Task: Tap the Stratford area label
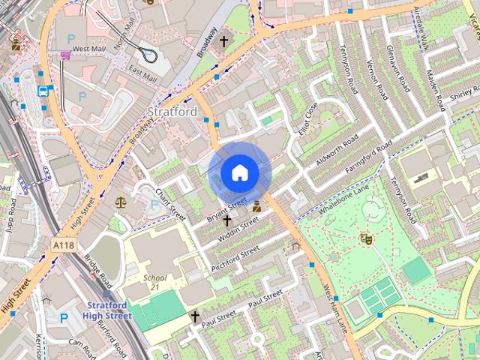(172, 112)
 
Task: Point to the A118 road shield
(64, 244)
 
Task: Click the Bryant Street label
(226, 208)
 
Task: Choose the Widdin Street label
(238, 229)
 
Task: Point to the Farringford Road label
(368, 158)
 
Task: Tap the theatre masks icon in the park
(367, 238)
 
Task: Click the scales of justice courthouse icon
(121, 202)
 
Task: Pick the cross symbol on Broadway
(223, 41)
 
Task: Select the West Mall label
(88, 49)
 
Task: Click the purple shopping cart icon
(66, 54)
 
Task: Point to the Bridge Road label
(97, 272)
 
